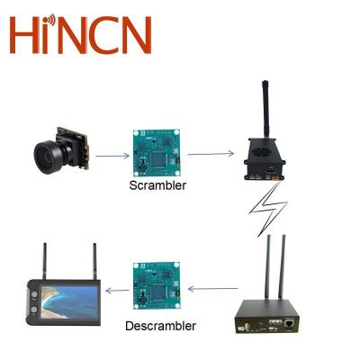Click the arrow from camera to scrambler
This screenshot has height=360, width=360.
coord(111,155)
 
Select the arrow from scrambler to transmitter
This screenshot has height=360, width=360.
coord(206,154)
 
